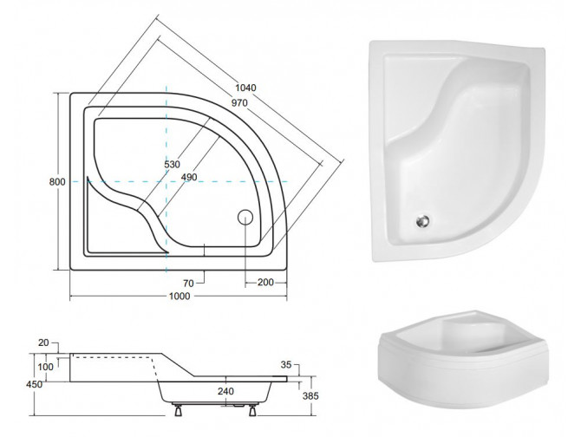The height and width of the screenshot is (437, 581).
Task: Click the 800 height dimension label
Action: (56, 183)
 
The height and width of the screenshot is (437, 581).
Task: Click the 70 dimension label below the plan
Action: (186, 283)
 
